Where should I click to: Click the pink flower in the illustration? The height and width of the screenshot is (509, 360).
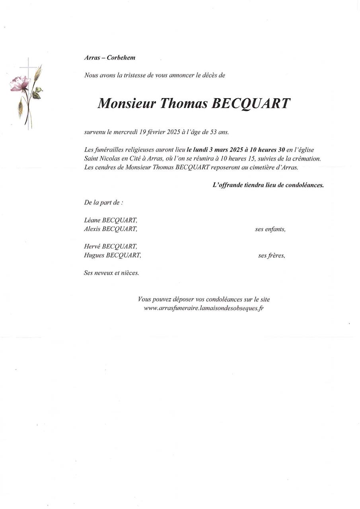pos(21,84)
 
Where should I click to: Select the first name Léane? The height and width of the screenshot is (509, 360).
pos(92,220)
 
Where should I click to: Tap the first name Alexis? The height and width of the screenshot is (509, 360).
pos(92,229)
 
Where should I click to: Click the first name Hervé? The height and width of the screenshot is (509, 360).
pos(92,247)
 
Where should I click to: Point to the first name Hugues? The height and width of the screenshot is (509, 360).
pos(94,255)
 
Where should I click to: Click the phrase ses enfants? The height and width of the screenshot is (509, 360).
pos(270,229)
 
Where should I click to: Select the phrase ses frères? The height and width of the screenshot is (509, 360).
pos(271,256)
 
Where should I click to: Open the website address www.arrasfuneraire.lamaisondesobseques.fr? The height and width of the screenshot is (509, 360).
pos(204,308)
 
